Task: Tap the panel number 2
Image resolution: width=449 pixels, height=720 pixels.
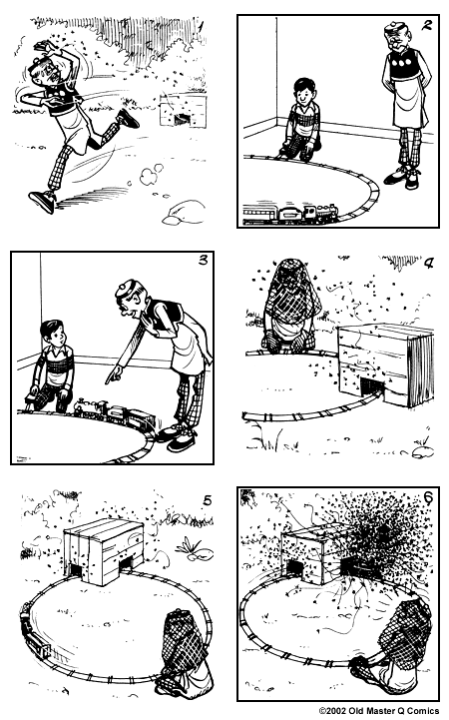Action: point(426,29)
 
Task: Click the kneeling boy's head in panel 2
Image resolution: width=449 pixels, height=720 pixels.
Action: point(302,93)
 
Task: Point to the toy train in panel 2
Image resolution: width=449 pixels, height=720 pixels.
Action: point(292,213)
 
